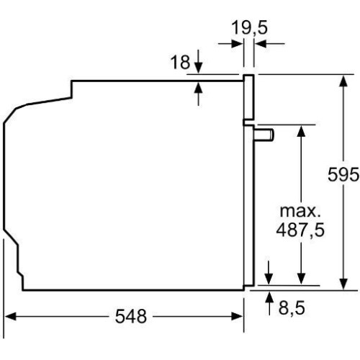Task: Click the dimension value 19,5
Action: (x=249, y=28)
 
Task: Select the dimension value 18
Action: (x=180, y=62)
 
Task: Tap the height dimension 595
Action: (x=343, y=174)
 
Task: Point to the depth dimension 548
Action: (x=131, y=316)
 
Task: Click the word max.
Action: (x=300, y=211)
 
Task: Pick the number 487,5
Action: (x=300, y=230)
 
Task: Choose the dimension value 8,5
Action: (x=292, y=307)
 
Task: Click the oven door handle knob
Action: (x=264, y=135)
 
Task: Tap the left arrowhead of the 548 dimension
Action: (x=11, y=316)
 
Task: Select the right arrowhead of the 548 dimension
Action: (x=237, y=316)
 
